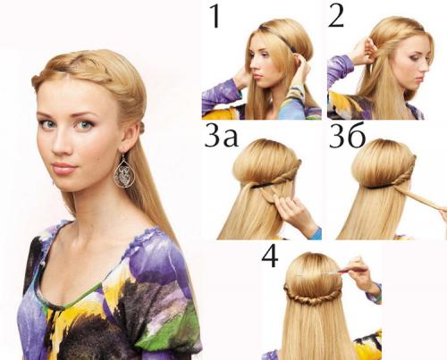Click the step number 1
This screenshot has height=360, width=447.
pos(215,16)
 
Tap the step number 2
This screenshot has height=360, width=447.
pos(336,16)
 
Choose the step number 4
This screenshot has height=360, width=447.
pos(270,256)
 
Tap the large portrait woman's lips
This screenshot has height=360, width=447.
pos(64,168)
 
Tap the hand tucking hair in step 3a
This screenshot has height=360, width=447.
pos(293,213)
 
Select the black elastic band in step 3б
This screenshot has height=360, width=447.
pos(382,187)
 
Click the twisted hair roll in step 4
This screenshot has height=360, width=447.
pos(313,297)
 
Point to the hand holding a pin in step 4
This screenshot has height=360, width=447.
pos(359,272)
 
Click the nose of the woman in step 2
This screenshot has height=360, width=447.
pos(424,69)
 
